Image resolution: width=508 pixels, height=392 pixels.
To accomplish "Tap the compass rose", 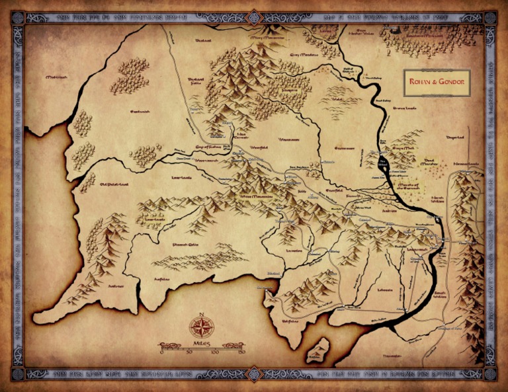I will click(x=201, y=326).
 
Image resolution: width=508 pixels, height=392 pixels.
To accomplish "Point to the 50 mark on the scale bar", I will click(x=189, y=352).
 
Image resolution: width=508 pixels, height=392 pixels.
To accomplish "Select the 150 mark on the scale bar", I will click(x=241, y=352).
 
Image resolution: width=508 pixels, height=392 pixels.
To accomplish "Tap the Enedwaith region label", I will click(x=140, y=112).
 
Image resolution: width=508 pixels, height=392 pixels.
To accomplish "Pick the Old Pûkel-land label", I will click(x=99, y=176).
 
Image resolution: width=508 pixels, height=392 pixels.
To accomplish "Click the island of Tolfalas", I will click(x=319, y=350).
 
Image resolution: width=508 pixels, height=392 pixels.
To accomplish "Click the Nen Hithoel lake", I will click(x=383, y=163).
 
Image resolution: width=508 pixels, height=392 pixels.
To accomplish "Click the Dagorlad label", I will click(x=456, y=137).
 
